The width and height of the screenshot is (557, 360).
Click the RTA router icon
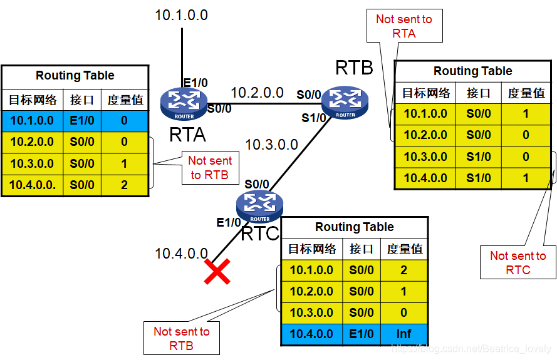[x=183, y=103]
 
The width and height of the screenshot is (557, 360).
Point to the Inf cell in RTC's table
[x=403, y=334]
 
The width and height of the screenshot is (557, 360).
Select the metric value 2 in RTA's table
[x=124, y=185]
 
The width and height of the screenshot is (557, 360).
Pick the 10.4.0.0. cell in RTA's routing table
[x=32, y=185]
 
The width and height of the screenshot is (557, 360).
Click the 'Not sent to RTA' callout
[x=404, y=26]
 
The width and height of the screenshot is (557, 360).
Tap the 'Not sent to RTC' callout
[x=518, y=263]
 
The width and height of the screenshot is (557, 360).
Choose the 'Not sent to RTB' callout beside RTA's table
[x=210, y=168]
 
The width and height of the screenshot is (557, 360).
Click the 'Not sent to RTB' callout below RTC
[x=182, y=338]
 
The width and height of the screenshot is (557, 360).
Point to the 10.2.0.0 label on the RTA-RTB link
[x=257, y=93]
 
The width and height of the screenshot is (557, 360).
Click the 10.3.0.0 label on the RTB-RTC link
[x=271, y=145]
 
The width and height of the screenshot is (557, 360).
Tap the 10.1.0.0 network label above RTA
[x=181, y=14]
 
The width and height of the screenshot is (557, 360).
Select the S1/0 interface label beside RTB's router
[x=311, y=117]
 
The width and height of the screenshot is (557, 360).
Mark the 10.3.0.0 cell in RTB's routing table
[x=425, y=157]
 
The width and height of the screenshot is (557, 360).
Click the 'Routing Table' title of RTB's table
[x=472, y=71]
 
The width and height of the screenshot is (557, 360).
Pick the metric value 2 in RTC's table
[x=403, y=270]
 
